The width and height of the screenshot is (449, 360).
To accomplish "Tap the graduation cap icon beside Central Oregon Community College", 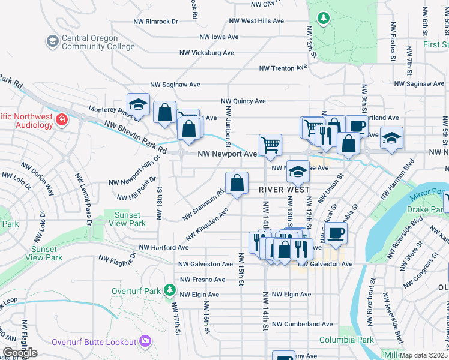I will pyautogui.click(x=52, y=41).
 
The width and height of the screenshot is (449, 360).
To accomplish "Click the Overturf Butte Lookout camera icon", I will pyautogui.click(x=145, y=341).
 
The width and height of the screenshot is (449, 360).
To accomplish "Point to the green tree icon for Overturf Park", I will pyautogui.click(x=170, y=291).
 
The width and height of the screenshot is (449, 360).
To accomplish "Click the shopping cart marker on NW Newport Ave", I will pyautogui.click(x=270, y=145).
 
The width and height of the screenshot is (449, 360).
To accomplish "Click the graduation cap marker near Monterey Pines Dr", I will pyautogui.click(x=138, y=104).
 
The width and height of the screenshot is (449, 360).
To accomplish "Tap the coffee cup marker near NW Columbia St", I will pyautogui.click(x=337, y=233).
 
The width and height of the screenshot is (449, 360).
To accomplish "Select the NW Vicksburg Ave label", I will pyautogui.click(x=208, y=53).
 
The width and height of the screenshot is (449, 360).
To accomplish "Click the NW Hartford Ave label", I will pyautogui.click(x=164, y=247).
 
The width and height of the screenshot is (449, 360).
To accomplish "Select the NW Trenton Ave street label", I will pyautogui.click(x=283, y=68).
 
